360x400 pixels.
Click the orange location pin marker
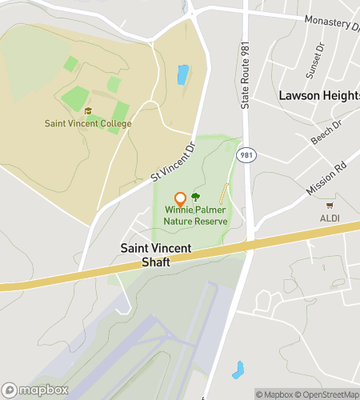click(181, 199)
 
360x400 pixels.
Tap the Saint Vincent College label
click(88, 124)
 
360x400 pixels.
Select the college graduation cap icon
click(88, 111)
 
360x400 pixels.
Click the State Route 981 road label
click(246, 76)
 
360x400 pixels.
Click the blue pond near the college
click(182, 75)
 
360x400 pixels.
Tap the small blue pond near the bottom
click(238, 370)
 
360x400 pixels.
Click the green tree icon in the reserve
click(196, 196)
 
